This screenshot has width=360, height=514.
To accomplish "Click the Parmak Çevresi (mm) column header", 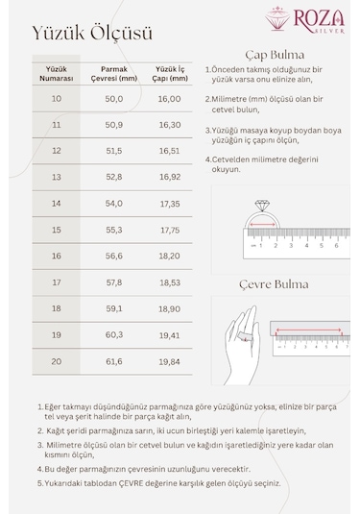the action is tap(113, 73).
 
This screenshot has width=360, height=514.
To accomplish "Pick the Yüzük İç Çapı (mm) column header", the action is tap(169, 73).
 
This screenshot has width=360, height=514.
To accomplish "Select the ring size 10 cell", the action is tap(56, 99).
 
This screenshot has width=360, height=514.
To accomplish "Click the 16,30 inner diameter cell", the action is tap(169, 125).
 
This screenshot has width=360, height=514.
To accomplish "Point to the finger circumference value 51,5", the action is tap(113, 151).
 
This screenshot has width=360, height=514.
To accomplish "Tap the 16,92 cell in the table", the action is tap(169, 178).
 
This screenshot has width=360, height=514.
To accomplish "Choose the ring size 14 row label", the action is tap(56, 204).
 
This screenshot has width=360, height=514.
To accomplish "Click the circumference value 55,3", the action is tap(113, 231).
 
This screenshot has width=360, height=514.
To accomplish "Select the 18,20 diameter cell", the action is tap(169, 257).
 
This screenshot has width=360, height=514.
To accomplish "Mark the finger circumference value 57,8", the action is tap(113, 282).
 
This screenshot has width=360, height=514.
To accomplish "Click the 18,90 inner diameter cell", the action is tap(169, 309).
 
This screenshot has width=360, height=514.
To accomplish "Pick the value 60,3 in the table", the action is tap(113, 335).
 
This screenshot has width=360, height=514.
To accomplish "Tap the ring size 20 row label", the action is tap(56, 361).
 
